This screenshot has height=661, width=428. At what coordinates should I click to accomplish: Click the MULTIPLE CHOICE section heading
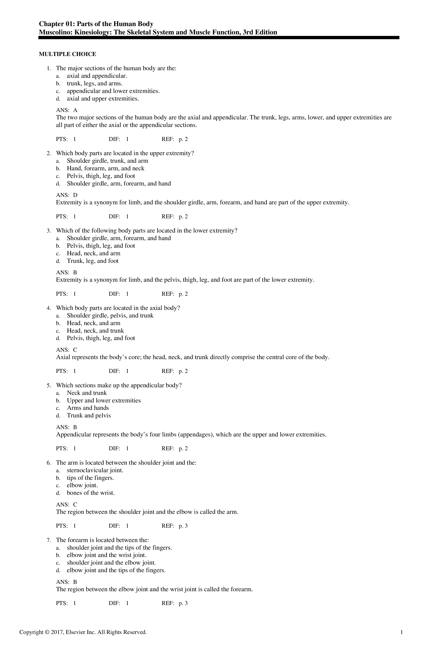[67, 54]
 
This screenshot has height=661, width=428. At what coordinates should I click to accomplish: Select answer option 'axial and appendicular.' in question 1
[97, 76]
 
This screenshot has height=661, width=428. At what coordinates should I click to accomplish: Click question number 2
[49, 153]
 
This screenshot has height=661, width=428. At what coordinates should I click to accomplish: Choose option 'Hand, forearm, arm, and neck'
[105, 168]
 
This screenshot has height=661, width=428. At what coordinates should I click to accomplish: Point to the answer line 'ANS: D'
[67, 195]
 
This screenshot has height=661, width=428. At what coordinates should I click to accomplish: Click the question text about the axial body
[118, 308]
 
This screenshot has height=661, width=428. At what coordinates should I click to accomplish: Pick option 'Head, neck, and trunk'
[95, 330]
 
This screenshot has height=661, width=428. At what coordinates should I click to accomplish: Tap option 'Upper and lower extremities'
[104, 400]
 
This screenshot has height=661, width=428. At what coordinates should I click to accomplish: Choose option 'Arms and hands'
[88, 408]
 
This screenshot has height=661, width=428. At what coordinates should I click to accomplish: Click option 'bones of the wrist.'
[91, 493]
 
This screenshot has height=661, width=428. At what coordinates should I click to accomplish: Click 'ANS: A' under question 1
[67, 110]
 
